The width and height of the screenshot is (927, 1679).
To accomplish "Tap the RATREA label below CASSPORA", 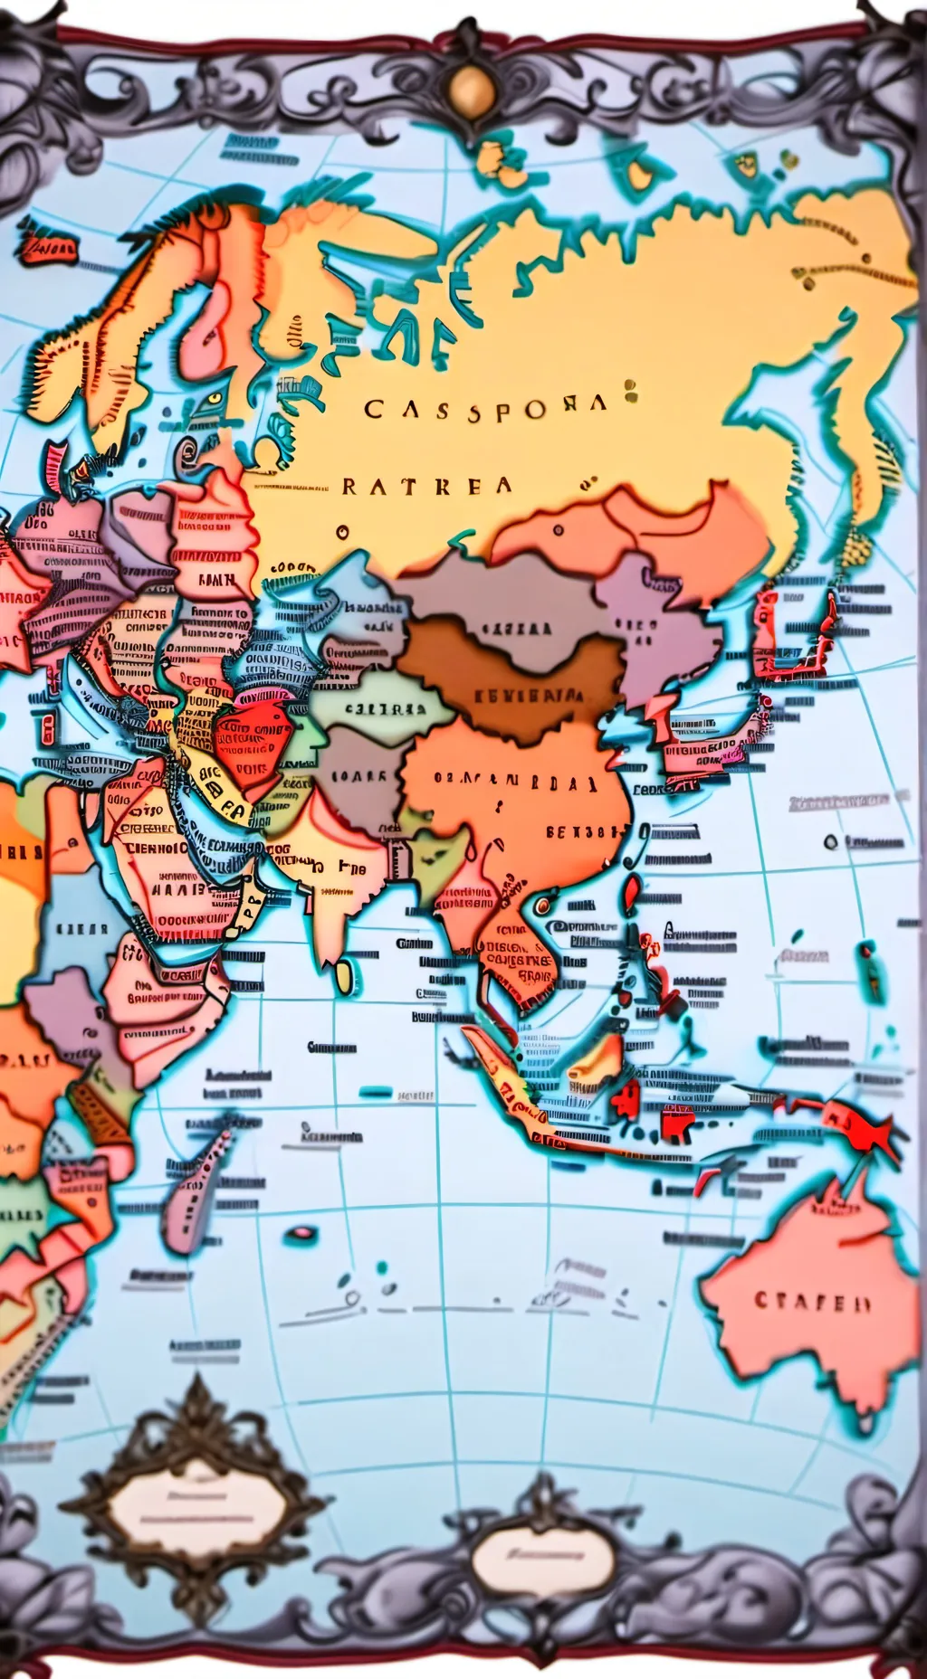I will pos(426,486).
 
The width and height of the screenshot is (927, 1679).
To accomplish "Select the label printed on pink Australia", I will pos(812,1302).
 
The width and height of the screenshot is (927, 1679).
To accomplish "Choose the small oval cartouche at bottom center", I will pos(543,1560).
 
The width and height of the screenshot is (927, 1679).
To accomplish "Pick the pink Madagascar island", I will pos(195,1185).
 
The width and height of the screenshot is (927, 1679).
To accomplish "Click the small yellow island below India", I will pos(344,975).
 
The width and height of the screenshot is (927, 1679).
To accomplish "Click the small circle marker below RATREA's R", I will pos(343,532).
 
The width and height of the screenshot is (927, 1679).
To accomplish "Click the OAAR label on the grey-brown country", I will pos(358,776).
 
